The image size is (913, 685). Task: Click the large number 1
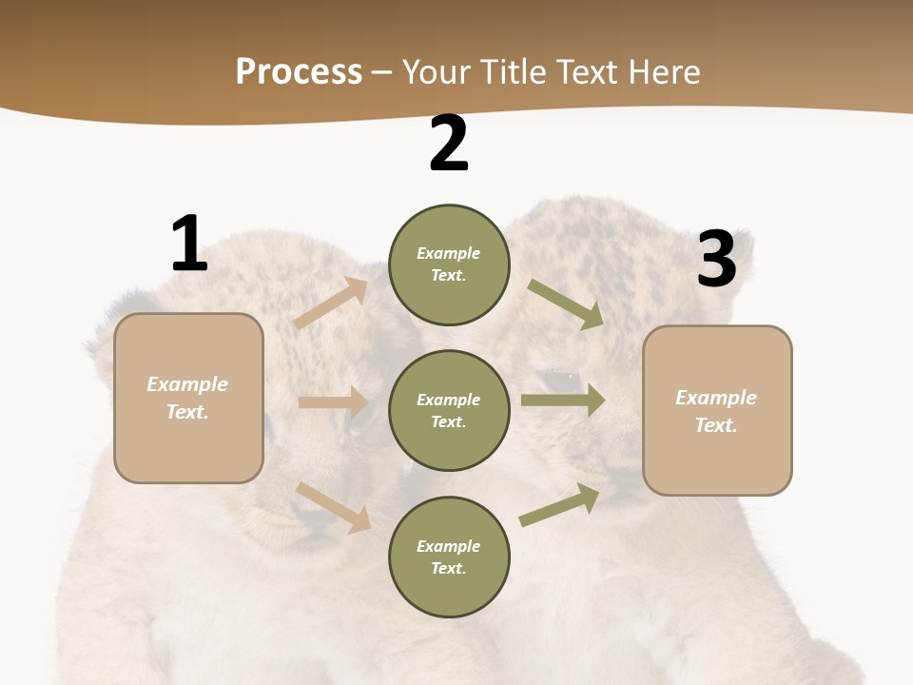189,244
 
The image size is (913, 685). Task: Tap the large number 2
449,144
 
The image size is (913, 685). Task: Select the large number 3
716,259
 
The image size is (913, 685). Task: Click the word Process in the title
299,71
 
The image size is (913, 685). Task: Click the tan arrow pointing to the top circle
331,303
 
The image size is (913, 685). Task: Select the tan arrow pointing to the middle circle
333,402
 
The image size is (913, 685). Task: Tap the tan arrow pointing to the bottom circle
334,506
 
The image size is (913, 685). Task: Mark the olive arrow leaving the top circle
566,304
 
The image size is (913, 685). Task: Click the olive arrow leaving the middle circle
563,401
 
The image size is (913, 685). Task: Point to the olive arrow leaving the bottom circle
560,504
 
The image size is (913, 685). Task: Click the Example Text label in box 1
187,398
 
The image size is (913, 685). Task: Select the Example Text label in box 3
716,411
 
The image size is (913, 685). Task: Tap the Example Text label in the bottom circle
448,557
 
